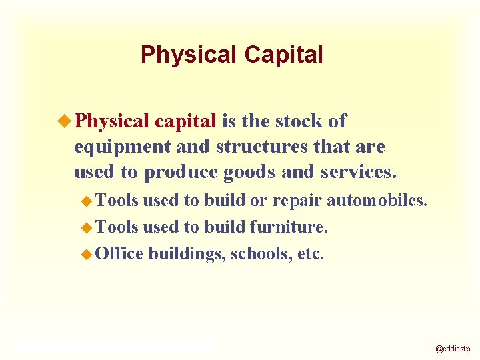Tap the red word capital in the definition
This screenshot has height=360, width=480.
185,121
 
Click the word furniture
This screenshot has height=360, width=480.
289,227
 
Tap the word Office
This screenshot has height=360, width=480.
120,253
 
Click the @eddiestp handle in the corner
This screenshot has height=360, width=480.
453,348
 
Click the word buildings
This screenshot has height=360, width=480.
187,254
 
